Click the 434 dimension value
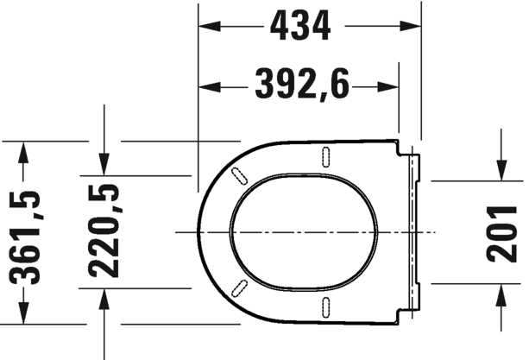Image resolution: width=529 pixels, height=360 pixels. pyautogui.click(x=300, y=26)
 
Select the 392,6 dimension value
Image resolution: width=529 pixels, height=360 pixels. pyautogui.click(x=302, y=85)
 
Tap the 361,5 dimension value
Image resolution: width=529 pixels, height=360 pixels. pyautogui.click(x=25, y=238)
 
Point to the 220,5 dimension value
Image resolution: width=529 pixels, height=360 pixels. pyautogui.click(x=104, y=231)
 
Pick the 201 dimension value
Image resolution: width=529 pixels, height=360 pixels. pyautogui.click(x=501, y=234)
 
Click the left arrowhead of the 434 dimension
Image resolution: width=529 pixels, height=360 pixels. pyautogui.click(x=209, y=26)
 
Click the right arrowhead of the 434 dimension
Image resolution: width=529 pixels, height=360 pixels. pyautogui.click(x=410, y=26)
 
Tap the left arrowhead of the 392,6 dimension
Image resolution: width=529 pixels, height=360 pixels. pyautogui.click(x=209, y=86)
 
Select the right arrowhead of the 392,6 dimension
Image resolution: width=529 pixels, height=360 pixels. pyautogui.click(x=388, y=86)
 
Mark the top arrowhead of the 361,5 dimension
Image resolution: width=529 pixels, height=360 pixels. pyautogui.click(x=23, y=152)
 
